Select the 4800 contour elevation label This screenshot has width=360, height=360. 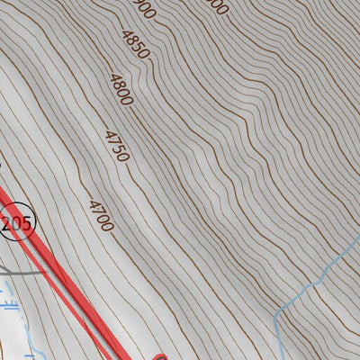pyautogui.click(x=121, y=90)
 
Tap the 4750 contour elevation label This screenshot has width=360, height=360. pyautogui.click(x=116, y=146)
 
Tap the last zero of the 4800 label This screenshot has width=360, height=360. pyautogui.click(x=128, y=100)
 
